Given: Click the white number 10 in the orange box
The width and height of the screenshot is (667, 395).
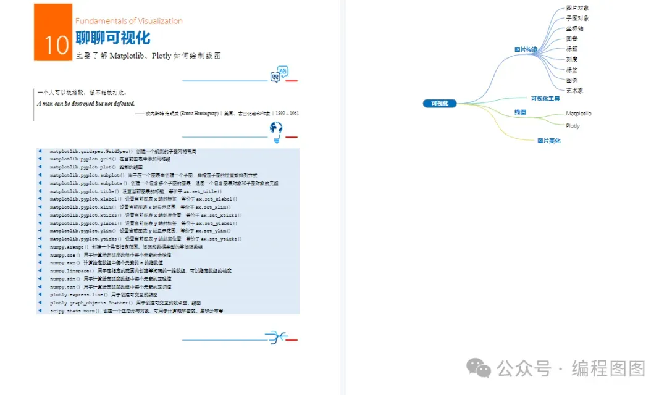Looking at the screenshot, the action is [x=56, y=45].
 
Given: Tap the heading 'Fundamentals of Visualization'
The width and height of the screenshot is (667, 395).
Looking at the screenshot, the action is [x=129, y=21].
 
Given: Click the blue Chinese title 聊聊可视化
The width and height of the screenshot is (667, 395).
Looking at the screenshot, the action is [x=113, y=38].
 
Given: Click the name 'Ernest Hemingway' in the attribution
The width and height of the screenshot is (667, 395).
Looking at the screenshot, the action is [x=198, y=114].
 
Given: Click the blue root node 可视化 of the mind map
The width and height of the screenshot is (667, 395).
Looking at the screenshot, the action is [x=440, y=104].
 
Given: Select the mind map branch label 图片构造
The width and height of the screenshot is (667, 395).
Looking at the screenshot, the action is [x=526, y=49].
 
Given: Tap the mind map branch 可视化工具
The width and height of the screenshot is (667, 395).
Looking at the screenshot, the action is [x=545, y=98].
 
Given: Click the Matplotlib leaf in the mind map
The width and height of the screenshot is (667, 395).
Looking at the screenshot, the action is [x=578, y=114].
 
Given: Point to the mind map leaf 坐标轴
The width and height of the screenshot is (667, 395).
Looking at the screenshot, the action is [x=574, y=28].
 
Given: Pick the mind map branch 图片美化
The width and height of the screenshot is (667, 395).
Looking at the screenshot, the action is [x=548, y=141].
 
